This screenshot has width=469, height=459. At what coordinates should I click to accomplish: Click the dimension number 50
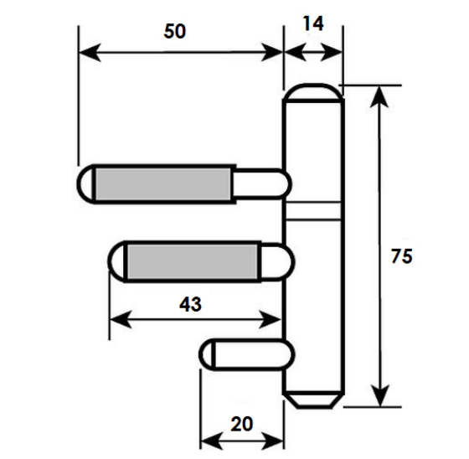click(x=175, y=31)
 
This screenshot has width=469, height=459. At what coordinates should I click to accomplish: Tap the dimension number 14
click(x=313, y=23)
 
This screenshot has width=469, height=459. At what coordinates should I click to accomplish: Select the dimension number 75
click(x=402, y=256)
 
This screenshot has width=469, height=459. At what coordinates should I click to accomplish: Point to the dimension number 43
click(x=191, y=305)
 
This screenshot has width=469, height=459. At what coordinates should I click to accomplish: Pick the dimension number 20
click(x=242, y=424)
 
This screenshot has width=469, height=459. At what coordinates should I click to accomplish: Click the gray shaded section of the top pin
click(x=163, y=184)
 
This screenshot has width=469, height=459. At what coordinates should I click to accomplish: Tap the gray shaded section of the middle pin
click(x=192, y=261)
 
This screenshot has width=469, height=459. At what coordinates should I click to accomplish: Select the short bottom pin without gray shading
click(x=247, y=354)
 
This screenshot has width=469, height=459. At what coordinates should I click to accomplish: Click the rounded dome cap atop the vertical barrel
click(x=313, y=92)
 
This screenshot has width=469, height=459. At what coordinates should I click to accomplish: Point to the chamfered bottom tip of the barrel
click(x=313, y=400)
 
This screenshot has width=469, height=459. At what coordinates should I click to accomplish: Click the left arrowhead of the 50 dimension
click(x=90, y=53)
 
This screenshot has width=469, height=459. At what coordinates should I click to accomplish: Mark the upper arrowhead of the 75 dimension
click(x=379, y=96)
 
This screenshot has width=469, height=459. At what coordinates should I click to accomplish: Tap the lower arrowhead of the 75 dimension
click(x=379, y=395)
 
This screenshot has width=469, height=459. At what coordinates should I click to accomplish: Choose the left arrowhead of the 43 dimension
click(x=121, y=319)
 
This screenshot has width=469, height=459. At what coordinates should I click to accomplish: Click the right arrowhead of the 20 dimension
click(x=272, y=441)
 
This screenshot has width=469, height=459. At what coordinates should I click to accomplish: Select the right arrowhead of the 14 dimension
click(x=332, y=53)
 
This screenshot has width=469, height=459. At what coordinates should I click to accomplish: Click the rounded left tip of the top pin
click(x=86, y=184)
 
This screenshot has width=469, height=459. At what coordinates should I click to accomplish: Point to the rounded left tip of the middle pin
click(x=117, y=261)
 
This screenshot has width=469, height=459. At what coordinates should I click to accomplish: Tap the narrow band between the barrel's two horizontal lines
click(x=313, y=211)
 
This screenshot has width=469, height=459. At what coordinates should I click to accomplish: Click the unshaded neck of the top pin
click(x=260, y=184)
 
